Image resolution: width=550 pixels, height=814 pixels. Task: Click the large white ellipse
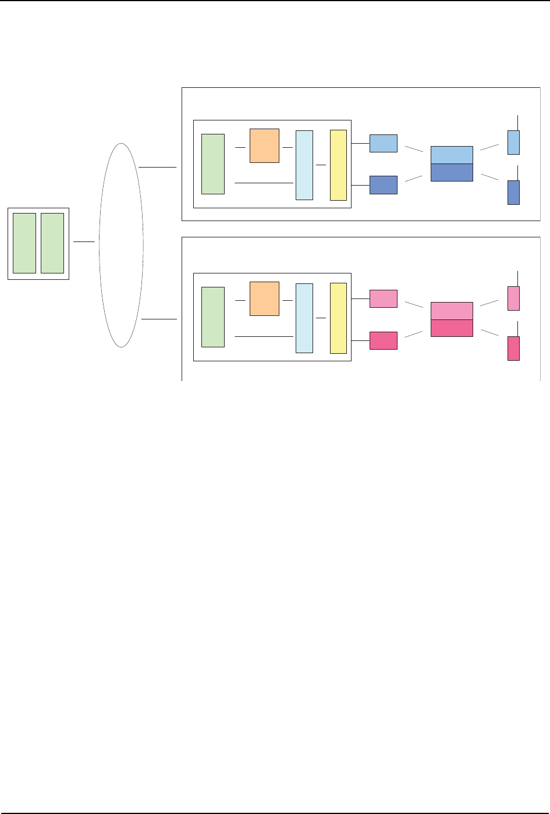coord(121,244)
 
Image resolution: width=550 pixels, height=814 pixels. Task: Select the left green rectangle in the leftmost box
coord(24,243)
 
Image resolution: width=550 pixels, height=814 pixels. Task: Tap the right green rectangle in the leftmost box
coord(52,243)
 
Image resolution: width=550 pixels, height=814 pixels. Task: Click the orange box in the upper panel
coord(264,145)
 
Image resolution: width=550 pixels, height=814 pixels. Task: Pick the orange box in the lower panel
coord(264,298)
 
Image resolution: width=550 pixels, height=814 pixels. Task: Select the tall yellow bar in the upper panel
coord(338,165)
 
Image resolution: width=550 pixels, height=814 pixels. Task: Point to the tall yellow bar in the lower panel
coord(338,318)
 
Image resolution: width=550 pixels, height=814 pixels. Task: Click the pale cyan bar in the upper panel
coord(304,165)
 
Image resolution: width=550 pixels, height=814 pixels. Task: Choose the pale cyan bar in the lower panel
coord(304,318)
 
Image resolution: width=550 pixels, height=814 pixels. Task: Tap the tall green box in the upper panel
coord(213,163)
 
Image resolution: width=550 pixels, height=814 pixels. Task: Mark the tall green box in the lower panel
coord(213,317)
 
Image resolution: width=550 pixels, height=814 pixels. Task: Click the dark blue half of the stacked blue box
coord(452,172)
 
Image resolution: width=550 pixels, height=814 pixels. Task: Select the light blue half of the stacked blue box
coord(452,155)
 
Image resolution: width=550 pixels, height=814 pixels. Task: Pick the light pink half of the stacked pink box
coord(452,311)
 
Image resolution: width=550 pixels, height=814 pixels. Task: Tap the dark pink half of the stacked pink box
coord(452,328)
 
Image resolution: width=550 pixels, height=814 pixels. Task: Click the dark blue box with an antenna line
coord(513,192)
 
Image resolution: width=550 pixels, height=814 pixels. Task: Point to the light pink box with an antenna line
coord(513,298)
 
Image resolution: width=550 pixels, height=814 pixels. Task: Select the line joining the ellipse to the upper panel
coord(158,167)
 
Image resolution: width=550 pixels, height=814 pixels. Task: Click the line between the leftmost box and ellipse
coord(84,241)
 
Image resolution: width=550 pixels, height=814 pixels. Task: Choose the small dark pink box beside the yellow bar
coord(384,340)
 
